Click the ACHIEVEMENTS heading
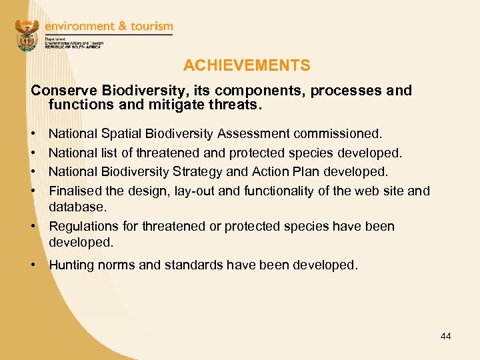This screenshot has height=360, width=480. pyautogui.click(x=247, y=65)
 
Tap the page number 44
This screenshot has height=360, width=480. pyautogui.click(x=445, y=336)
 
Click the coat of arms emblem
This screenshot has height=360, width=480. pyautogui.click(x=27, y=35)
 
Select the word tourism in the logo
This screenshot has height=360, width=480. pyautogui.click(x=150, y=27)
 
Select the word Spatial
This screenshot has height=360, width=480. pyautogui.click(x=125, y=135)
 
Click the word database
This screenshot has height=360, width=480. pyautogui.click(x=77, y=207)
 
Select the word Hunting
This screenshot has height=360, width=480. pyautogui.click(x=72, y=265)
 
